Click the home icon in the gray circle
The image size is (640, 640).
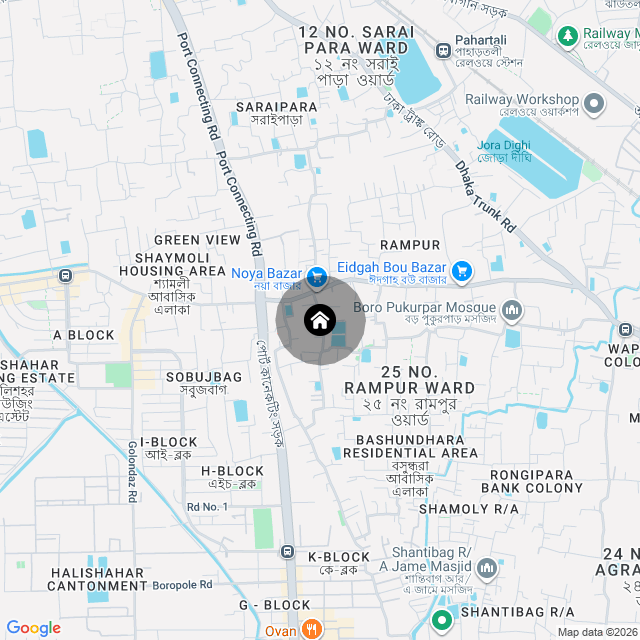[x=319, y=320]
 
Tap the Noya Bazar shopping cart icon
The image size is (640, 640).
[x=318, y=275]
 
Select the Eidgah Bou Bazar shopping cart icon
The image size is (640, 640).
[x=461, y=269]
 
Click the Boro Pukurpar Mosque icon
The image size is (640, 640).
[x=512, y=309]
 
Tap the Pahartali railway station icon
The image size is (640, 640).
[x=443, y=49]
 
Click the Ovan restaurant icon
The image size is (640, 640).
[x=313, y=629]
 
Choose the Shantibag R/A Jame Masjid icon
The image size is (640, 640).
[x=487, y=567]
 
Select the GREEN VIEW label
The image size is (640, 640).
[x=197, y=240]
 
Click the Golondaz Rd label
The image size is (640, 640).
[x=132, y=469]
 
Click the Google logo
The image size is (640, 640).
[x=33, y=627]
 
